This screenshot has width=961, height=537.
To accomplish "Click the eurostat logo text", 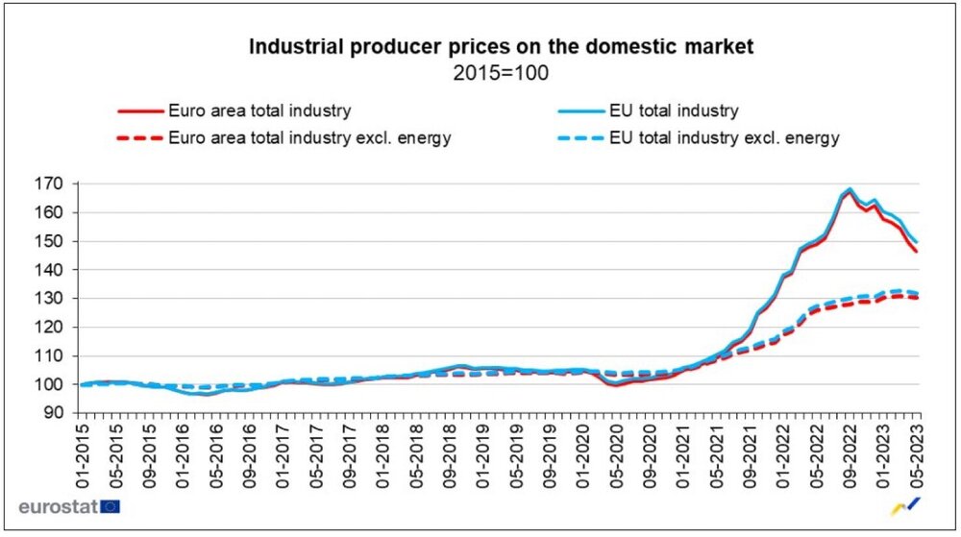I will [x=57, y=506].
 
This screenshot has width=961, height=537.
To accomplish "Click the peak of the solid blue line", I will [x=850, y=189].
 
